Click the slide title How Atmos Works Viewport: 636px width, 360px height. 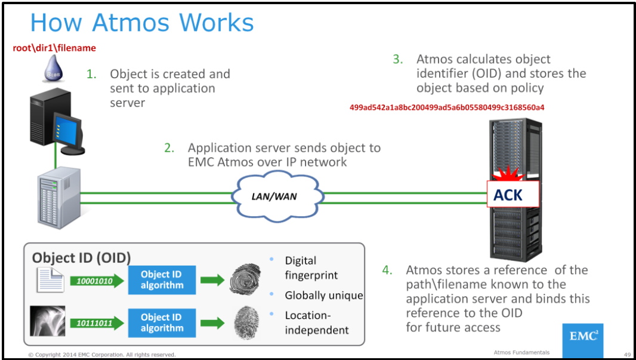point(142,23)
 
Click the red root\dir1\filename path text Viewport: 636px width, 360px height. point(54,48)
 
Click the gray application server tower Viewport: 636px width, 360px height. point(58,196)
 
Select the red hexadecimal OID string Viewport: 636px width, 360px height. point(447,107)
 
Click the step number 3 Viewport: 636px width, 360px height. point(397,59)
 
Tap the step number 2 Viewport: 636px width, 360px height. point(169,147)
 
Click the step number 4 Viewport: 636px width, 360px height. point(387,270)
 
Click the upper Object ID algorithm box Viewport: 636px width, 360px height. point(162,280)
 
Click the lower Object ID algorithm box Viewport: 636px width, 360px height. point(162,322)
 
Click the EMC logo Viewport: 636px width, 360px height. point(582,337)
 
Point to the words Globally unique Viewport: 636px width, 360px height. point(323,296)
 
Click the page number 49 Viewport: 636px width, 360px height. point(627,353)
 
